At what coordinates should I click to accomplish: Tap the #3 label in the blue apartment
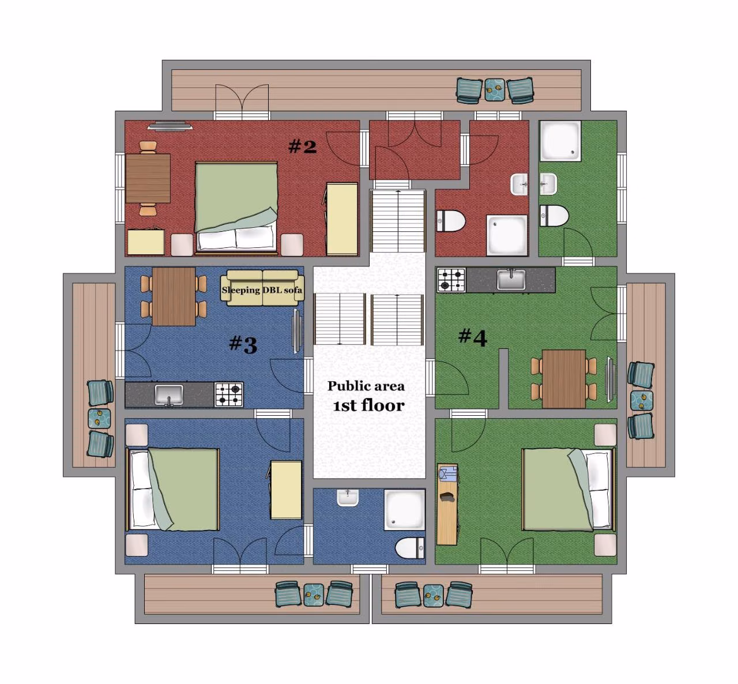click(243, 344)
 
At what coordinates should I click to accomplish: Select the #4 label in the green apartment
click(473, 337)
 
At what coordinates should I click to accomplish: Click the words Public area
click(366, 386)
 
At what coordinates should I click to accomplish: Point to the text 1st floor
click(368, 405)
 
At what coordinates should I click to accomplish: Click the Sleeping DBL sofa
click(262, 288)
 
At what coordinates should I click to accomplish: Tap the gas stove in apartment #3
click(229, 394)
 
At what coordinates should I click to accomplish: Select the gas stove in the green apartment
click(451, 280)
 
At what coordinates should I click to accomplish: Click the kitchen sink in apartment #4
click(511, 279)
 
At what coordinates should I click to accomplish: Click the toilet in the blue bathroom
click(409, 547)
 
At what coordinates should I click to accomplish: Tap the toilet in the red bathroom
click(451, 221)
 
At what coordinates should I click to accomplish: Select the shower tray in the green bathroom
click(560, 141)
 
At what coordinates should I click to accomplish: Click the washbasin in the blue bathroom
click(348, 498)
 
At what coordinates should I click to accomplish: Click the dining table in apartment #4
click(564, 379)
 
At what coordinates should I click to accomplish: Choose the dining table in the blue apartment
click(174, 296)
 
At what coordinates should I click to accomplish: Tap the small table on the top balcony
click(495, 89)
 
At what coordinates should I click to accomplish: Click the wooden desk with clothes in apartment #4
click(447, 504)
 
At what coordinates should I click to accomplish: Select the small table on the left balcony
click(99, 419)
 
